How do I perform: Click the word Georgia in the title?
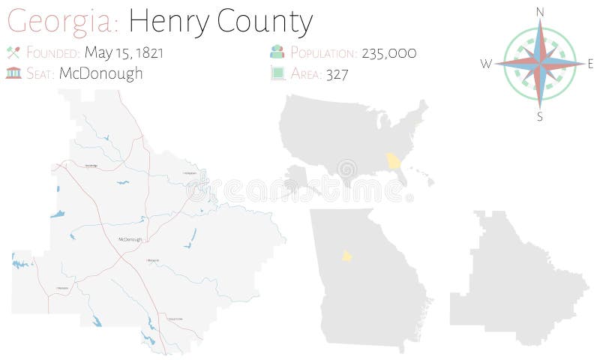coord(63,22)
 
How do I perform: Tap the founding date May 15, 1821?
coord(124,52)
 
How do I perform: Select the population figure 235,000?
coord(388,52)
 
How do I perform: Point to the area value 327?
coord(337,73)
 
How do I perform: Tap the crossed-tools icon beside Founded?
coord(13,52)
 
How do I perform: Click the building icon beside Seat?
coord(13,73)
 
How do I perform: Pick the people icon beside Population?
coord(277,52)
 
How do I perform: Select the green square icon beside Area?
coord(277,73)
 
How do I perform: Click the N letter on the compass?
coord(540,11)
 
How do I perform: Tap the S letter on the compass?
coord(540,116)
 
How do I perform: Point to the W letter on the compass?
coord(486,64)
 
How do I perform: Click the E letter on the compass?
coord(590,64)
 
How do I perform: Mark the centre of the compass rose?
coord(540,64)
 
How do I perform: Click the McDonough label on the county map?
coord(130,239)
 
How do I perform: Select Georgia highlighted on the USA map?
coord(394,161)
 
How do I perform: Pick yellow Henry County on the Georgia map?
coord(347,256)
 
